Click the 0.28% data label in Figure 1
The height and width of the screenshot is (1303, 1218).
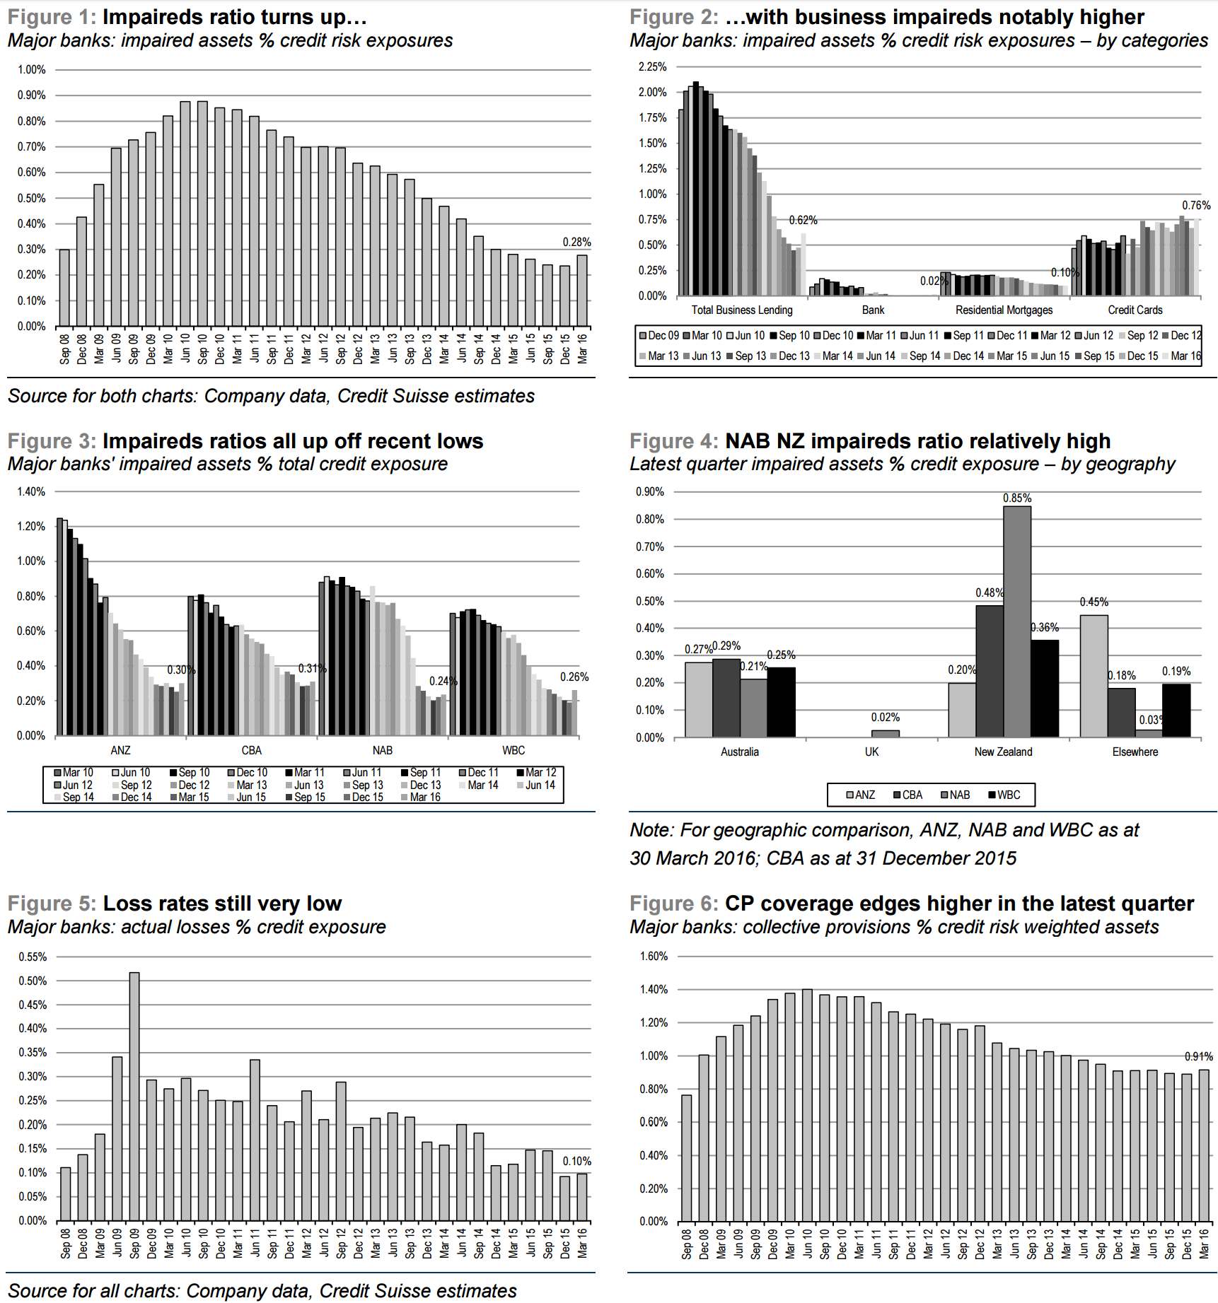[576, 242]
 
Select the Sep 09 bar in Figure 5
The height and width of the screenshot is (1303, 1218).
[134, 1096]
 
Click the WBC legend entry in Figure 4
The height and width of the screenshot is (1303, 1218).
[1004, 795]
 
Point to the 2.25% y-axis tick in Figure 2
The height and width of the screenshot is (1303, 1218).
[652, 66]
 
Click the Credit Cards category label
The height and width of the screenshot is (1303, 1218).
[1135, 310]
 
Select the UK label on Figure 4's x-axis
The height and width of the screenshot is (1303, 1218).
[871, 752]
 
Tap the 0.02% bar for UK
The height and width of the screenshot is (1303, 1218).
[885, 733]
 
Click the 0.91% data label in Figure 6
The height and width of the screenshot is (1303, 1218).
[1198, 1056]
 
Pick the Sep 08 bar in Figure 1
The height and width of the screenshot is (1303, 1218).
[64, 287]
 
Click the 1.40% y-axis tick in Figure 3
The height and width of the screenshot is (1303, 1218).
[31, 491]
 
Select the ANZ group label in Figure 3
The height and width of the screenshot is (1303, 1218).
[120, 750]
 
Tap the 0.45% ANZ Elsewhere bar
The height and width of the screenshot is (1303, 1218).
[1094, 675]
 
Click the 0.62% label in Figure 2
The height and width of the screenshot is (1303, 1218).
[803, 220]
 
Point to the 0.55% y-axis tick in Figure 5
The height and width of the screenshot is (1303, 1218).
[33, 957]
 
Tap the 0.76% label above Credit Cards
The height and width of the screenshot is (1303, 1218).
[1196, 205]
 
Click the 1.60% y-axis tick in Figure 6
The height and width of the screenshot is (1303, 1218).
[654, 956]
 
